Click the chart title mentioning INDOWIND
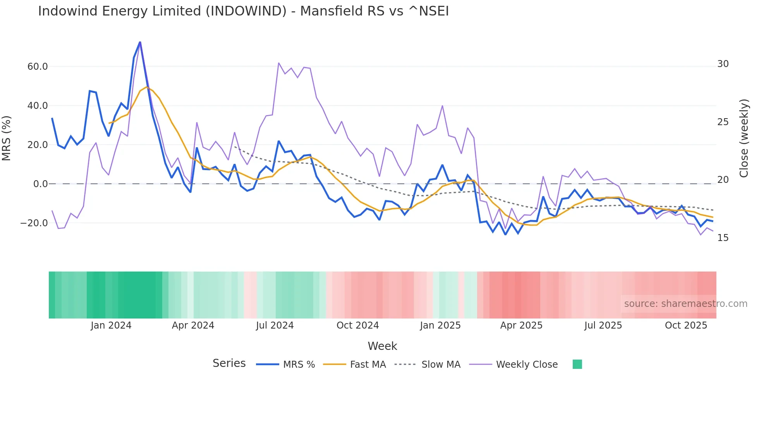[x=243, y=11]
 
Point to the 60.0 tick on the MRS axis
[x=38, y=67]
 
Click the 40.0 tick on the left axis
[x=38, y=106]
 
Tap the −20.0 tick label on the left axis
[x=34, y=223]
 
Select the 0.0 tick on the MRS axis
[x=40, y=184]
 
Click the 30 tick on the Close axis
[x=723, y=64]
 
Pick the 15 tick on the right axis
[x=723, y=238]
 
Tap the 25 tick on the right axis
[x=723, y=122]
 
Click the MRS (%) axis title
[x=7, y=138]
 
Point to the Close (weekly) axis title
[x=744, y=138]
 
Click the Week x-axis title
[x=382, y=346]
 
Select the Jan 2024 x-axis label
[x=111, y=325]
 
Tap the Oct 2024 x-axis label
[x=357, y=325]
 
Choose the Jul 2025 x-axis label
[x=603, y=325]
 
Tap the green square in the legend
[x=577, y=364]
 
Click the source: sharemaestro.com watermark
[x=685, y=304]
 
